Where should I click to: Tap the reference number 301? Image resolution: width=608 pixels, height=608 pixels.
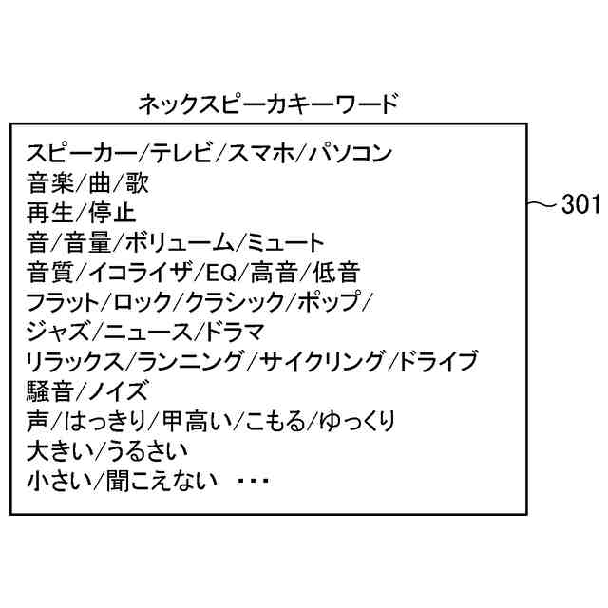click(579, 204)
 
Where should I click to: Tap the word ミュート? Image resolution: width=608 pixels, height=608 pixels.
click(285, 243)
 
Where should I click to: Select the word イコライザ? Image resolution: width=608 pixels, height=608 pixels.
click(143, 274)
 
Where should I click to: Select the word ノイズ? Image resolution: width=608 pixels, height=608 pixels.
click(119, 391)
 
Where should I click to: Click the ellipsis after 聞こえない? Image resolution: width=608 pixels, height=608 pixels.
click(253, 481)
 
